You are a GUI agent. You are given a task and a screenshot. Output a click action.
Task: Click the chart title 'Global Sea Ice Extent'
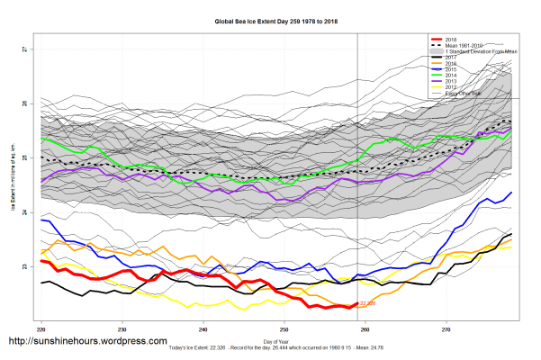(269, 19)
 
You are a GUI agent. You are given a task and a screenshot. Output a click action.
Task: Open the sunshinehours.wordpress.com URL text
(87, 342)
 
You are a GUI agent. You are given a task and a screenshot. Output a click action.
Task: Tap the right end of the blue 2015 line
(511, 193)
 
